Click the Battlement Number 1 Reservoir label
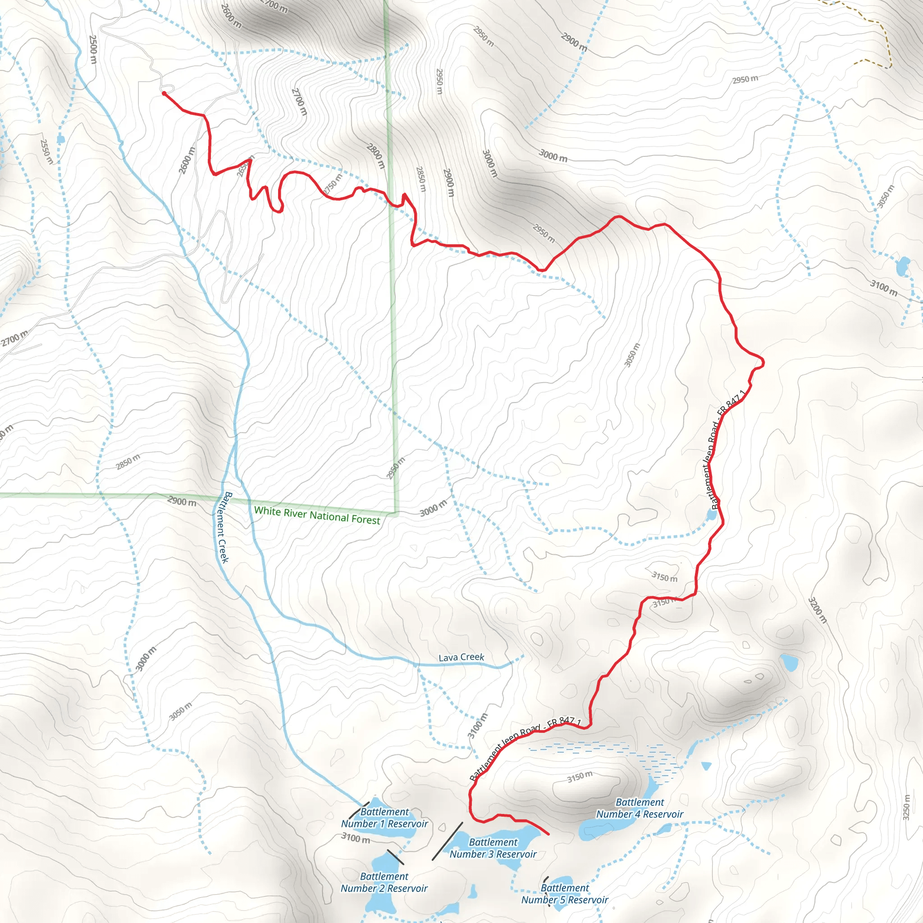pos(384,818)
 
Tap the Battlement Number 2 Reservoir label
pos(384,882)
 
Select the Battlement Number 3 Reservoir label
pos(493,848)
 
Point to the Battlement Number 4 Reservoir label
pos(639,808)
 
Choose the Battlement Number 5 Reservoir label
pos(564,893)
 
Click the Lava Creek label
pos(461,658)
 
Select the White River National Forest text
pos(317,516)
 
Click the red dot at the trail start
pos(164,94)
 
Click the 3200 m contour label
pos(817,610)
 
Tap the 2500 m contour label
pos(93,49)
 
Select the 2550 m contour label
pos(46,151)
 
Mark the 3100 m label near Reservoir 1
pos(356,838)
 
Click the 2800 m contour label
pos(375,155)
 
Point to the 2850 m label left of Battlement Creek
pos(128,461)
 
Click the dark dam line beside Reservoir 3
pos(447,841)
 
